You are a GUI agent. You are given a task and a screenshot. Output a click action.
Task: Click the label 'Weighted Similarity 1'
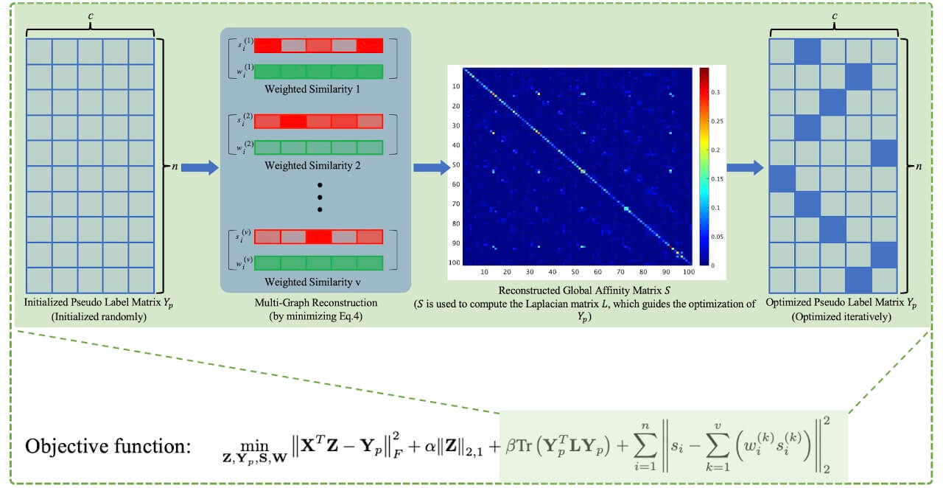pyautogui.click(x=313, y=90)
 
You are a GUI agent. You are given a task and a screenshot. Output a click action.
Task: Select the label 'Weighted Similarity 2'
pyautogui.click(x=313, y=166)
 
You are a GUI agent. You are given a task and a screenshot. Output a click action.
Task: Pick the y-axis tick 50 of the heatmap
pyautogui.click(x=456, y=164)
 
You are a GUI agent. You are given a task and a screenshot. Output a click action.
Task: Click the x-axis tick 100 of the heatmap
pyautogui.click(x=688, y=272)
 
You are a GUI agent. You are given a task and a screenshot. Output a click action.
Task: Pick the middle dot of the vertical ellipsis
pyautogui.click(x=320, y=197)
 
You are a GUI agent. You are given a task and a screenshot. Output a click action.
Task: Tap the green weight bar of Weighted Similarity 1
pyautogui.click(x=319, y=72)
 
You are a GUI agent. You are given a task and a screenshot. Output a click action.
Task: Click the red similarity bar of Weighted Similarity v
pyautogui.click(x=319, y=237)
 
